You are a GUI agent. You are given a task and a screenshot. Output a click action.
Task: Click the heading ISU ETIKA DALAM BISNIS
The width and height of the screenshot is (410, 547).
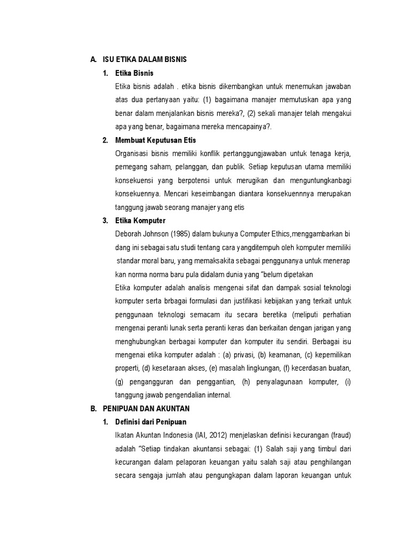145,59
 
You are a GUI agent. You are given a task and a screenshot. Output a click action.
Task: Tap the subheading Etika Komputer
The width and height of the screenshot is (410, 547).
140,221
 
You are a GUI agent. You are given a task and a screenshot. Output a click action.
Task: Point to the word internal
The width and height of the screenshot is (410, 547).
219,395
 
